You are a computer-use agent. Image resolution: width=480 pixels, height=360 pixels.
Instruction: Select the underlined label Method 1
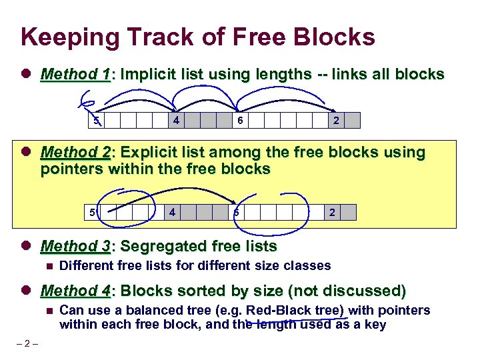click(75, 74)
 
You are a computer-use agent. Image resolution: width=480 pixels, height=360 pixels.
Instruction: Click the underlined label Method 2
click(75, 153)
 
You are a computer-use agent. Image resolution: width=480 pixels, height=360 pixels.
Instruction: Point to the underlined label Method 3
click(75, 247)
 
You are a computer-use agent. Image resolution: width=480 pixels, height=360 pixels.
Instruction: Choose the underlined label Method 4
click(75, 291)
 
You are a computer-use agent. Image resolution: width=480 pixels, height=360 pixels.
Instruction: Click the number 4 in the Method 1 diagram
click(175, 121)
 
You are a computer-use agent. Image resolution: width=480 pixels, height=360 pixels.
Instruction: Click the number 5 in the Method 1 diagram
click(96, 121)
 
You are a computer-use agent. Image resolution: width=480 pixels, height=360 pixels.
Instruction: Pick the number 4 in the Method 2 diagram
click(172, 213)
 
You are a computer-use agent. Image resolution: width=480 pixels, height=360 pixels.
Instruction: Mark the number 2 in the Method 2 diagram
click(332, 213)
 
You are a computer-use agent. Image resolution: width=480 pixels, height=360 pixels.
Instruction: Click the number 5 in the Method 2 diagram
click(93, 213)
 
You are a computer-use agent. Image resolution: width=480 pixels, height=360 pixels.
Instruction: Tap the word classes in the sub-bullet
click(308, 265)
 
